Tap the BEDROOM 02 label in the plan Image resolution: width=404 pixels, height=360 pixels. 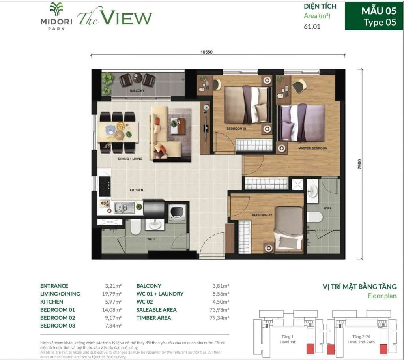pos(262,215)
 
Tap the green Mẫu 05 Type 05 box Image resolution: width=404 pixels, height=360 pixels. pos(373,16)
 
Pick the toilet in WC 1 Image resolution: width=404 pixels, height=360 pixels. pos(135,227)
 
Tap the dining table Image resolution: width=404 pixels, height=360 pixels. pos(118,132)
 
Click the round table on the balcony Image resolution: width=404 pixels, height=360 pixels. pos(137,78)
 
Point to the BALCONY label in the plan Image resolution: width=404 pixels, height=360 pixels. pos(137,91)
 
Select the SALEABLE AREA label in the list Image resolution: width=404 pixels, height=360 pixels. pos(156,310)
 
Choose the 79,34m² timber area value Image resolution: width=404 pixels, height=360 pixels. pos(221,318)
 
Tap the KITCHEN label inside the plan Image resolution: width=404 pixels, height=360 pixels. pos(136,190)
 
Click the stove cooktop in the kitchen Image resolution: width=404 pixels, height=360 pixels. pos(105,186)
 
